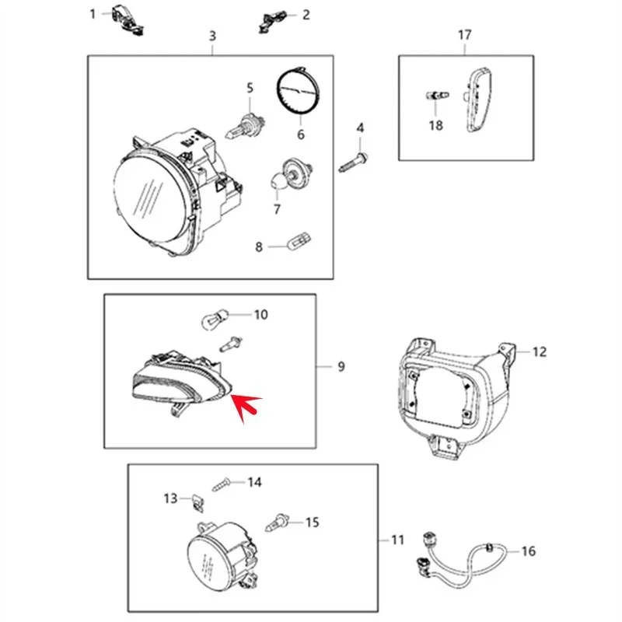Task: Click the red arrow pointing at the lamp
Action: point(246,407)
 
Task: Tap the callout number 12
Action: point(540,352)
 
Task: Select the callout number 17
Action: point(465,35)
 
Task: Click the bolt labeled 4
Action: point(353,162)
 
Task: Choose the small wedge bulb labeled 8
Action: point(299,242)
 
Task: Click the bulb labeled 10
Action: point(215,319)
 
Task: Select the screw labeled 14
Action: point(223,484)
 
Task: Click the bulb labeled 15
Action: point(278,522)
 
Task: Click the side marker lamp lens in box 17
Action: point(478,100)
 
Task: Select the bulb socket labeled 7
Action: point(292,173)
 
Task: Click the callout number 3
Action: point(212,36)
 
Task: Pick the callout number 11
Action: point(398,540)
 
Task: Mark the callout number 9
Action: point(341,366)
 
